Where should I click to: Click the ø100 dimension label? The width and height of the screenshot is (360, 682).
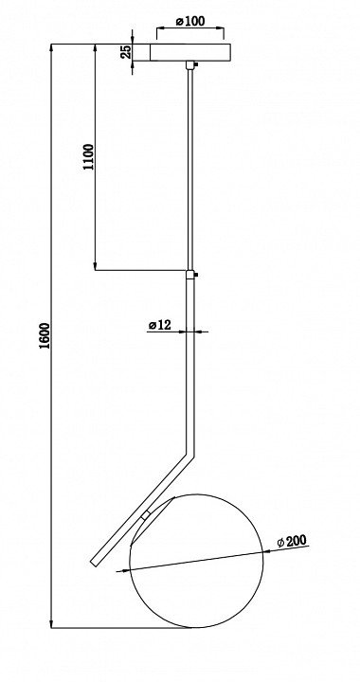(190, 21)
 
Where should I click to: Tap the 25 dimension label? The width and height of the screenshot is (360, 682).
(126, 52)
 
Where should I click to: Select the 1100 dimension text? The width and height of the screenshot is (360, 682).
(88, 156)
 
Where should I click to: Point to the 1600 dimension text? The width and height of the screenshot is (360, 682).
(45, 335)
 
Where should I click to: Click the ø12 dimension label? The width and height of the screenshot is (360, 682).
(160, 325)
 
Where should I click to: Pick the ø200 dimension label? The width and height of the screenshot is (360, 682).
(292, 541)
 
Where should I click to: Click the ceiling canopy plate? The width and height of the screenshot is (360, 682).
(190, 52)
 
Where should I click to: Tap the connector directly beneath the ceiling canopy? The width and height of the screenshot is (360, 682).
(190, 64)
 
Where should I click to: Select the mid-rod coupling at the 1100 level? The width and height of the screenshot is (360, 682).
(190, 275)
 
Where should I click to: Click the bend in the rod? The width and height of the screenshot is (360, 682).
(189, 455)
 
